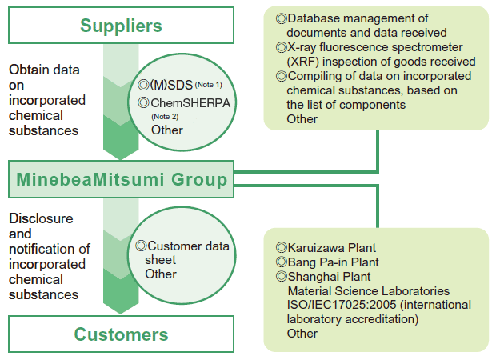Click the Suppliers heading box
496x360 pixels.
coord(121,25)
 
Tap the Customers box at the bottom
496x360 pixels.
coord(121,334)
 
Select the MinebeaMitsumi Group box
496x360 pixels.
coord(121,179)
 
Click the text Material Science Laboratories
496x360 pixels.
coord(368,290)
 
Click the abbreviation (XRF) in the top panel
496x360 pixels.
coord(304,62)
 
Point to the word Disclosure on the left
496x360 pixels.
coord(41,218)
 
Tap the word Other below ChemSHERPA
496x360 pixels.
coord(166,130)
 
